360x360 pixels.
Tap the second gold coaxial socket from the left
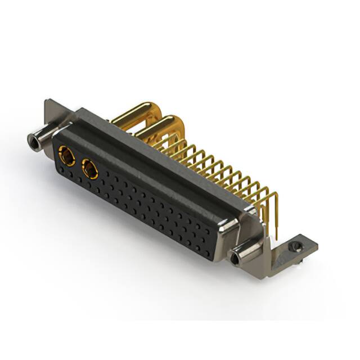(x=89, y=168)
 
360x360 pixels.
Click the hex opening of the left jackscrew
(x=31, y=139)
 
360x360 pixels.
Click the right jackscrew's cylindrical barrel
(x=246, y=255)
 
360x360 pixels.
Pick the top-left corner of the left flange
(x=47, y=102)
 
